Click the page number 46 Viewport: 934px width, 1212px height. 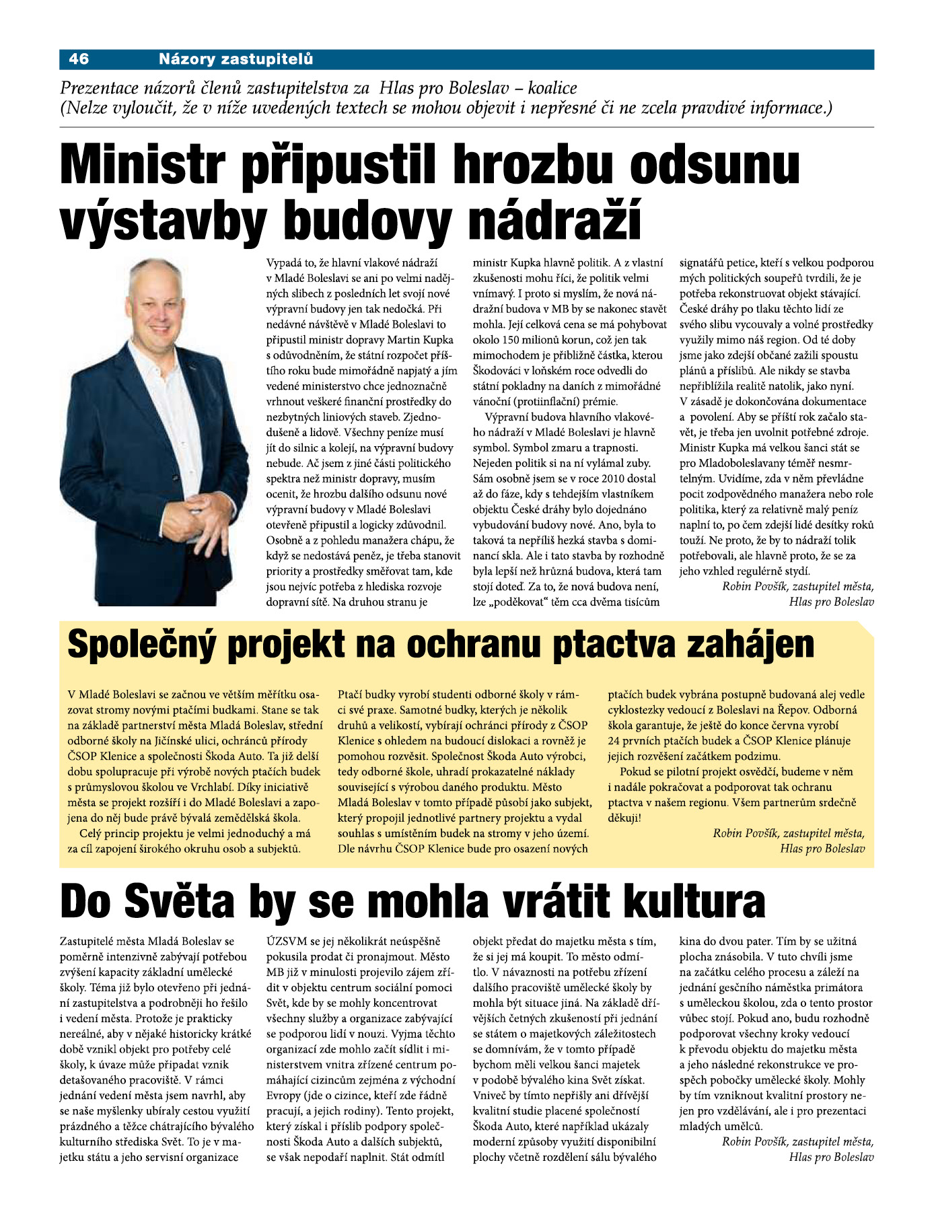(79, 59)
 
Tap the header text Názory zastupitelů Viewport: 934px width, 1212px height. (236, 59)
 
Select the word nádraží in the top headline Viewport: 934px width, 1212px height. (554, 219)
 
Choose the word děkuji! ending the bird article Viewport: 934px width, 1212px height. (624, 818)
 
